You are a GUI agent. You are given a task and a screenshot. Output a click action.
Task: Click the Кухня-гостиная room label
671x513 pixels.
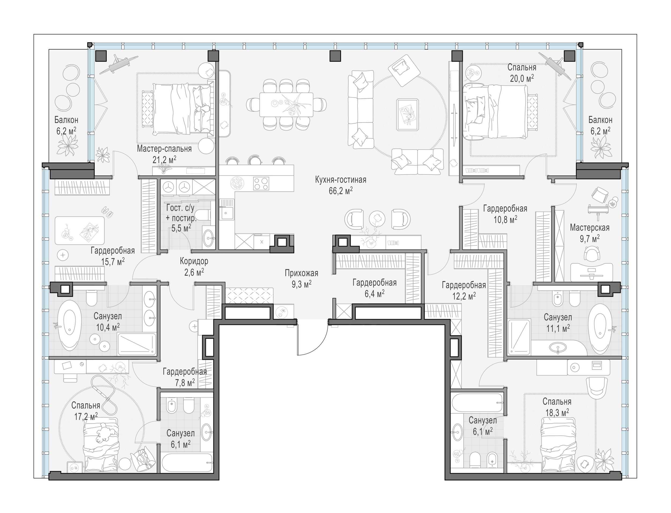coord(341,179)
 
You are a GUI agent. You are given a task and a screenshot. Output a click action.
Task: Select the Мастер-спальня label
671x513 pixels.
coord(164,149)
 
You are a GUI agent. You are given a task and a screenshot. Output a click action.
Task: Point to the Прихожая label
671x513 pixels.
coord(301,273)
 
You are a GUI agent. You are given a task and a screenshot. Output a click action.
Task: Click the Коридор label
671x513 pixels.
coord(194,261)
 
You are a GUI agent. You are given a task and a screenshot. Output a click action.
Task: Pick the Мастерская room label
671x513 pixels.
coord(589,228)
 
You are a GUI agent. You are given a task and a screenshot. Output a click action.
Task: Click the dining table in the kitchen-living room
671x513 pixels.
coord(286,104)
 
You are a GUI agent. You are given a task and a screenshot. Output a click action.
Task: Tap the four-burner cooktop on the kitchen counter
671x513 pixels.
coord(261,184)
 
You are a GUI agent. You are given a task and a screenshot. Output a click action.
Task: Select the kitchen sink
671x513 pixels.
coord(226,209)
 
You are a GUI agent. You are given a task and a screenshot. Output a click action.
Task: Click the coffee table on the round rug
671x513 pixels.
coord(407,115)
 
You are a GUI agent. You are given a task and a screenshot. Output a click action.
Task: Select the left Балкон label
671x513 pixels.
coord(66,120)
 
